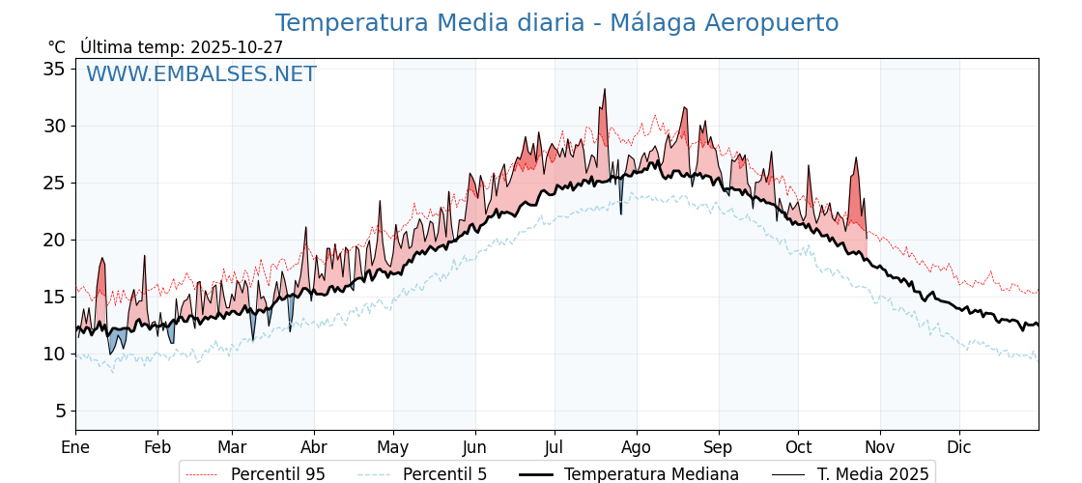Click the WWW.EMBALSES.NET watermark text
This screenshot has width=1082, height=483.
click(x=201, y=74)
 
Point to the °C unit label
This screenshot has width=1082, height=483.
click(x=57, y=47)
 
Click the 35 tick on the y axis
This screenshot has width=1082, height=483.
click(x=54, y=69)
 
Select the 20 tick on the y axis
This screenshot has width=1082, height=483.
click(x=54, y=240)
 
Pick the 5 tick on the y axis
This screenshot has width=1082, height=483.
click(x=60, y=411)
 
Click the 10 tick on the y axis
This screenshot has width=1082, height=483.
click(x=54, y=354)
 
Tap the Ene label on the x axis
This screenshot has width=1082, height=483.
click(x=75, y=447)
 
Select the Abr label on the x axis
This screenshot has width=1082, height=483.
click(x=314, y=447)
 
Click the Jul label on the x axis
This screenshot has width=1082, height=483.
click(x=555, y=447)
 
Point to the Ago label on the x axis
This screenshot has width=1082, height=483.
click(x=636, y=447)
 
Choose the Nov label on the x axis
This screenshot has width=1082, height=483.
click(x=880, y=447)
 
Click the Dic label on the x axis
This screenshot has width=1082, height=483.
click(x=959, y=447)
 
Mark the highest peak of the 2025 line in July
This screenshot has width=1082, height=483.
click(x=605, y=89)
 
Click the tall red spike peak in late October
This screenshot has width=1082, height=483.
click(x=856, y=157)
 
